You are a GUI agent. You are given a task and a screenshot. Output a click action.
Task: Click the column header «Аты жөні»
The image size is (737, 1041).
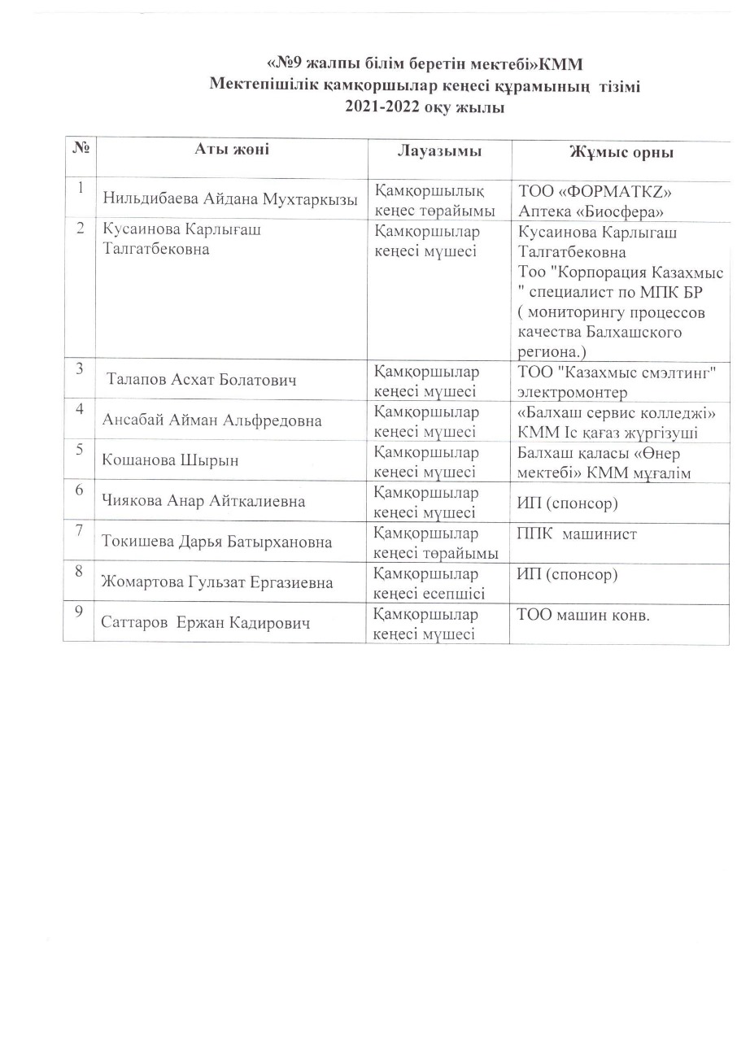click(x=231, y=148)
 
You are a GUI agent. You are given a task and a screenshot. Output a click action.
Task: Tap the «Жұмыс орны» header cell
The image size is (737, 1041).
click(x=621, y=153)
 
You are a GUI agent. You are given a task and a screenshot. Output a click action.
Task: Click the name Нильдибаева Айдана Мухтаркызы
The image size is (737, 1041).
click(x=230, y=201)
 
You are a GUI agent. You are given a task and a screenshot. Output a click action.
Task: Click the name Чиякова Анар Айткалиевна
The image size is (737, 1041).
click(x=204, y=501)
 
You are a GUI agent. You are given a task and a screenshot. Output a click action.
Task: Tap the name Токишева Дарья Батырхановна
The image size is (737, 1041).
click(x=217, y=542)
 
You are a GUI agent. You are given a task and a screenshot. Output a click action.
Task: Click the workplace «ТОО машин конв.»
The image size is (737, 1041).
click(x=582, y=615)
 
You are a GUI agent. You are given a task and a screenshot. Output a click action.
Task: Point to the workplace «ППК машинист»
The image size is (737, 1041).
click(x=576, y=534)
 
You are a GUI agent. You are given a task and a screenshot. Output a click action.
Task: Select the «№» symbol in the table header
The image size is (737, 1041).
click(x=81, y=148)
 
